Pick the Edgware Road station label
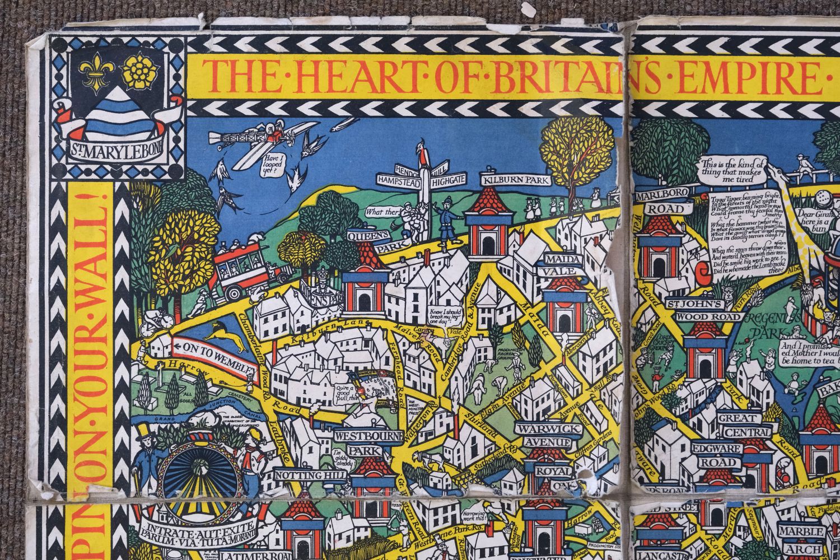(x=735, y=455)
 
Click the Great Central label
(x=740, y=425)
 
